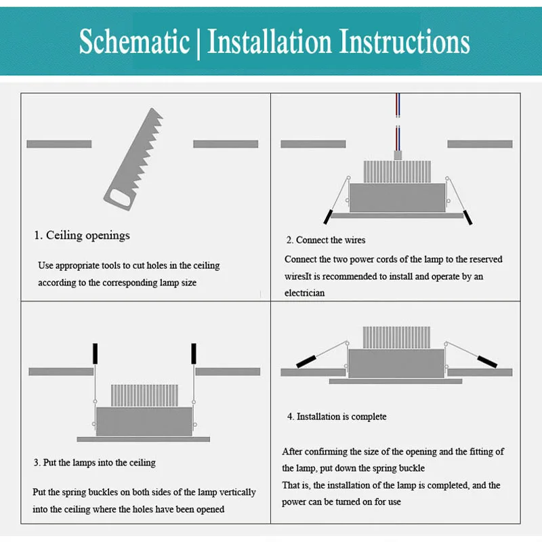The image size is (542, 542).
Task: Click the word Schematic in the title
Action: pyautogui.click(x=134, y=41)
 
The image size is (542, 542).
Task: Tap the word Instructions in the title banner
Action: pyautogui.click(x=404, y=41)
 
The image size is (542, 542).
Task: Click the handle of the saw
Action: pyautogui.click(x=119, y=198)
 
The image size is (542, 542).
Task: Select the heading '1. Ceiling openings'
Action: pyautogui.click(x=82, y=235)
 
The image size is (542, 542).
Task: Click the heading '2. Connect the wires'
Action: pyautogui.click(x=326, y=240)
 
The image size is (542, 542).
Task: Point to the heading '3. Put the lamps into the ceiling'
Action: pyautogui.click(x=94, y=463)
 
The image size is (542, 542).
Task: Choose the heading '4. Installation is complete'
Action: pyautogui.click(x=337, y=417)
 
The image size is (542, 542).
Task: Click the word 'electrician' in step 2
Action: pyautogui.click(x=304, y=293)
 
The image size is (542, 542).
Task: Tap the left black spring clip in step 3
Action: pyautogui.click(x=95, y=353)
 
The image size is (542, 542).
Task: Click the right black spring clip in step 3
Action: pyautogui.click(x=194, y=353)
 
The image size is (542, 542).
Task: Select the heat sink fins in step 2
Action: pyautogui.click(x=397, y=171)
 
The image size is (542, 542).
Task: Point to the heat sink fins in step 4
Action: pyautogui.click(x=396, y=337)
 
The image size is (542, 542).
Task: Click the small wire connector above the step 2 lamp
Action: pyautogui.click(x=398, y=155)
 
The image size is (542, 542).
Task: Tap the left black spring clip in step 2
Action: pyautogui.click(x=328, y=217)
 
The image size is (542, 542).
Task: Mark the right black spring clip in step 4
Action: pyautogui.click(x=487, y=362)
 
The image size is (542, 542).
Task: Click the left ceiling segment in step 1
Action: pyautogui.click(x=59, y=144)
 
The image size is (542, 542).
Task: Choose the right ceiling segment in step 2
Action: pyautogui.click(x=480, y=144)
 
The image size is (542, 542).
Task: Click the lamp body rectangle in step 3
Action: pyautogui.click(x=144, y=421)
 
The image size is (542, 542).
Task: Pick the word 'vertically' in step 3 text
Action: pyautogui.click(x=238, y=493)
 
